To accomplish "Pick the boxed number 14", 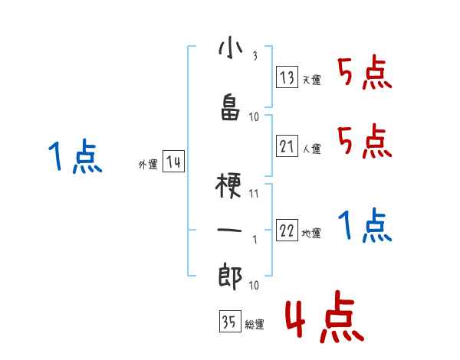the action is coord(173,162).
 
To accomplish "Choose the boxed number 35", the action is coord(229,322).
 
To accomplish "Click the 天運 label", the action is coord(311,80).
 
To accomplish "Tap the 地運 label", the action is coord(311,234).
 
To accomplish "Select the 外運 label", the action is coord(148,165).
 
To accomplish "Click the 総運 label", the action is coord(254,325).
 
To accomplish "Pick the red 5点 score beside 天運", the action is coord(365,74).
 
